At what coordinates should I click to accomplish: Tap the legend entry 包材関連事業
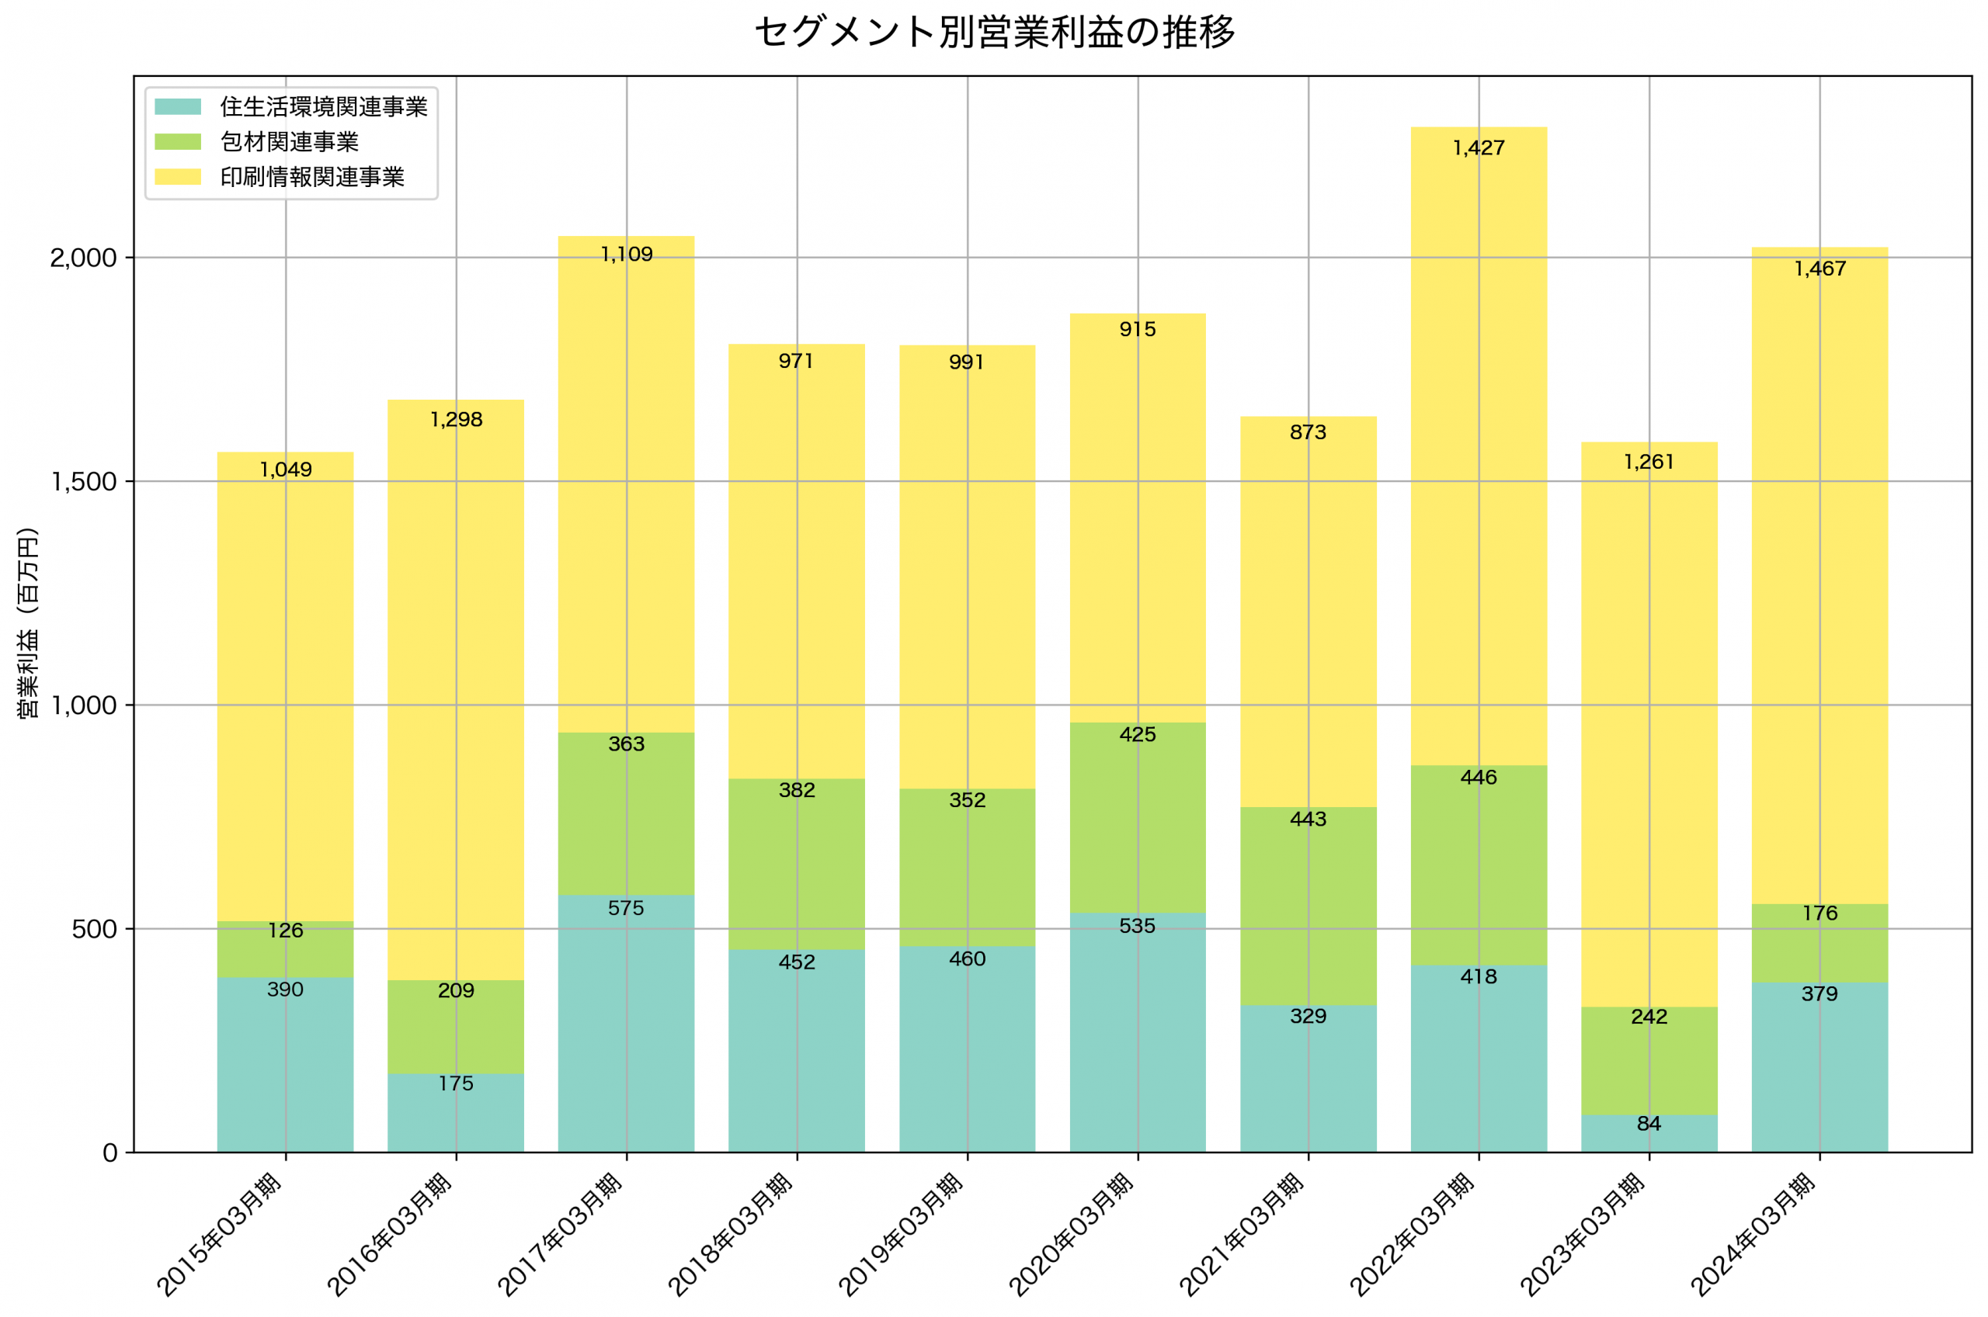(x=289, y=142)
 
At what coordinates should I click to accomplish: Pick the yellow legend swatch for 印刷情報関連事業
(x=178, y=177)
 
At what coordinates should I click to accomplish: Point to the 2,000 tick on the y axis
(x=83, y=258)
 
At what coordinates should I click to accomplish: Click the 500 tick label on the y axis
(x=94, y=929)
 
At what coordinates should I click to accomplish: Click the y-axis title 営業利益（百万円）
(x=29, y=622)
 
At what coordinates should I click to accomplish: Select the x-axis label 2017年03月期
(x=561, y=1235)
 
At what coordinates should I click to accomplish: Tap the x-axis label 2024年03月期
(x=1753, y=1235)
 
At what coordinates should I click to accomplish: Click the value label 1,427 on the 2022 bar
(x=1479, y=149)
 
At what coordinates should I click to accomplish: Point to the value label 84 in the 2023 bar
(x=1649, y=1124)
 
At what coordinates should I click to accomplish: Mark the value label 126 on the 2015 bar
(x=286, y=931)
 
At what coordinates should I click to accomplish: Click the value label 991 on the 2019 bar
(x=966, y=363)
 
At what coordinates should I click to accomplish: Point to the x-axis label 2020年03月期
(x=1072, y=1235)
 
